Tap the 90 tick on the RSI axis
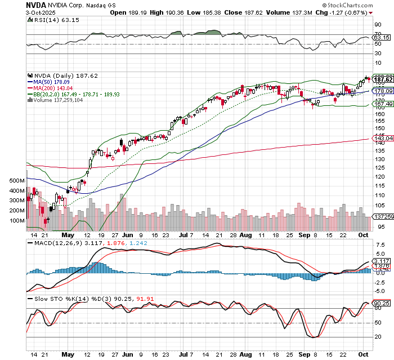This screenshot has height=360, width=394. pos(377,25)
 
